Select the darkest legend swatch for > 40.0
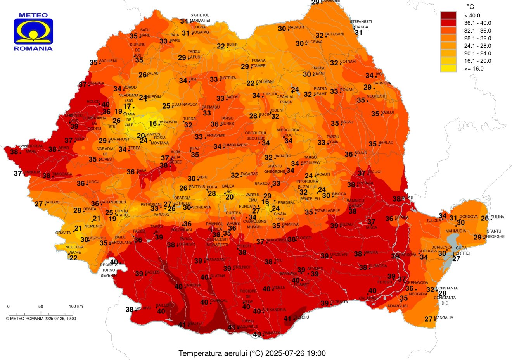click(448, 16)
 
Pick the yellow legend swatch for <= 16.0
click(448, 69)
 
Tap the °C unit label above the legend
click(470, 7)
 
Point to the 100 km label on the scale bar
click(76, 307)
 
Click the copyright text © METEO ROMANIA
click(41, 319)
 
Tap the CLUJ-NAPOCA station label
click(185, 105)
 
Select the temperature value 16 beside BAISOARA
click(153, 124)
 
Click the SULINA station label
click(497, 217)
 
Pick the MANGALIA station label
click(444, 318)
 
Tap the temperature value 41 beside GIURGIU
click(287, 319)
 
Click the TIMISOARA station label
click(62, 174)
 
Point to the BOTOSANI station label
click(334, 34)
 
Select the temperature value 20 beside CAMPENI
click(141, 136)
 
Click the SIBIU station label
click(202, 177)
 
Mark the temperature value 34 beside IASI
click(369, 76)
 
